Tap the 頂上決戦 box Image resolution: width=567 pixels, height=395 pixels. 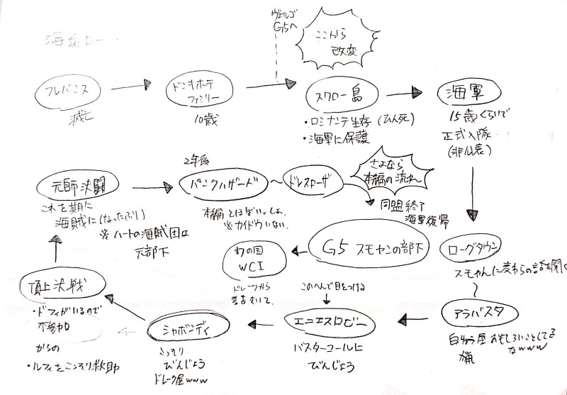pyautogui.click(x=55, y=291)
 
